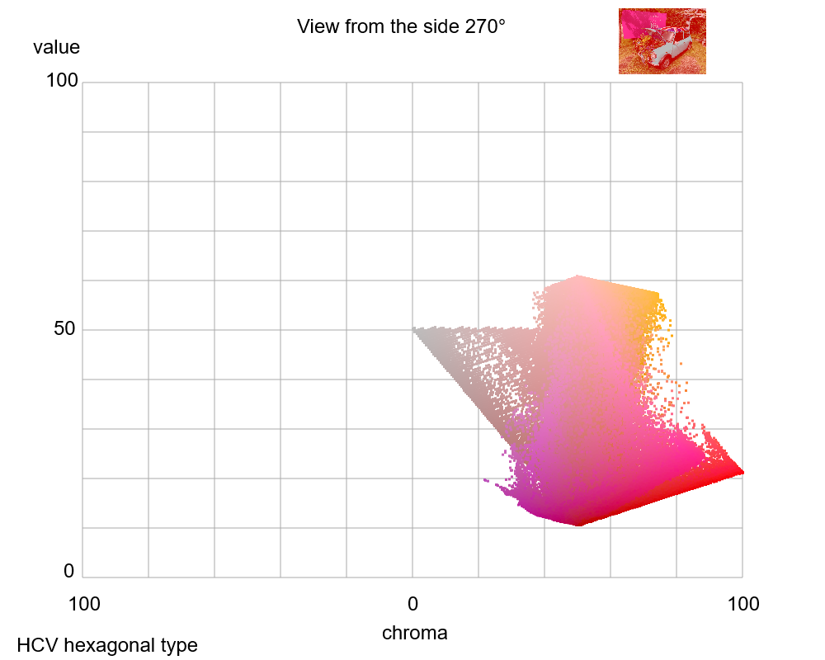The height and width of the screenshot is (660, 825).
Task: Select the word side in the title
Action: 436,26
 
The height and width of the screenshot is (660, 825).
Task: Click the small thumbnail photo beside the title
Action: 662,41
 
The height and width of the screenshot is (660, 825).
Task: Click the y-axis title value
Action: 56,48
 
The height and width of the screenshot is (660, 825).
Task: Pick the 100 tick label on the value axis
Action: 62,81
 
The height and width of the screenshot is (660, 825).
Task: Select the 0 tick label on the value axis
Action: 68,571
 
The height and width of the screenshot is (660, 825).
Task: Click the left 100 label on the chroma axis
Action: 84,605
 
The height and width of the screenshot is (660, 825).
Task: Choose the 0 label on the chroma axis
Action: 412,605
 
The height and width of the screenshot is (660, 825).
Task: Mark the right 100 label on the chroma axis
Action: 742,605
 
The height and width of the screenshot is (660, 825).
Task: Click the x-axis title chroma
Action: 414,634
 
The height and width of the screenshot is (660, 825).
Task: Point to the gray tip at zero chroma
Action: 415,330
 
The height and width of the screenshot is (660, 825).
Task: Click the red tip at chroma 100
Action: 742,472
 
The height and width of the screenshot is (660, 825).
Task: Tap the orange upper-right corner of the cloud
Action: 658,295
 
